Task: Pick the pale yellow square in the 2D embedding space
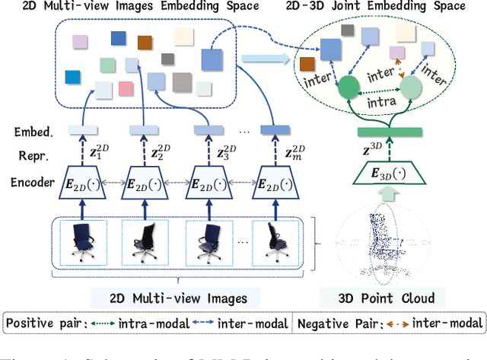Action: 183,37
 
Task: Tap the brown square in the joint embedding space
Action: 307,65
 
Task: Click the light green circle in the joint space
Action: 410,87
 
